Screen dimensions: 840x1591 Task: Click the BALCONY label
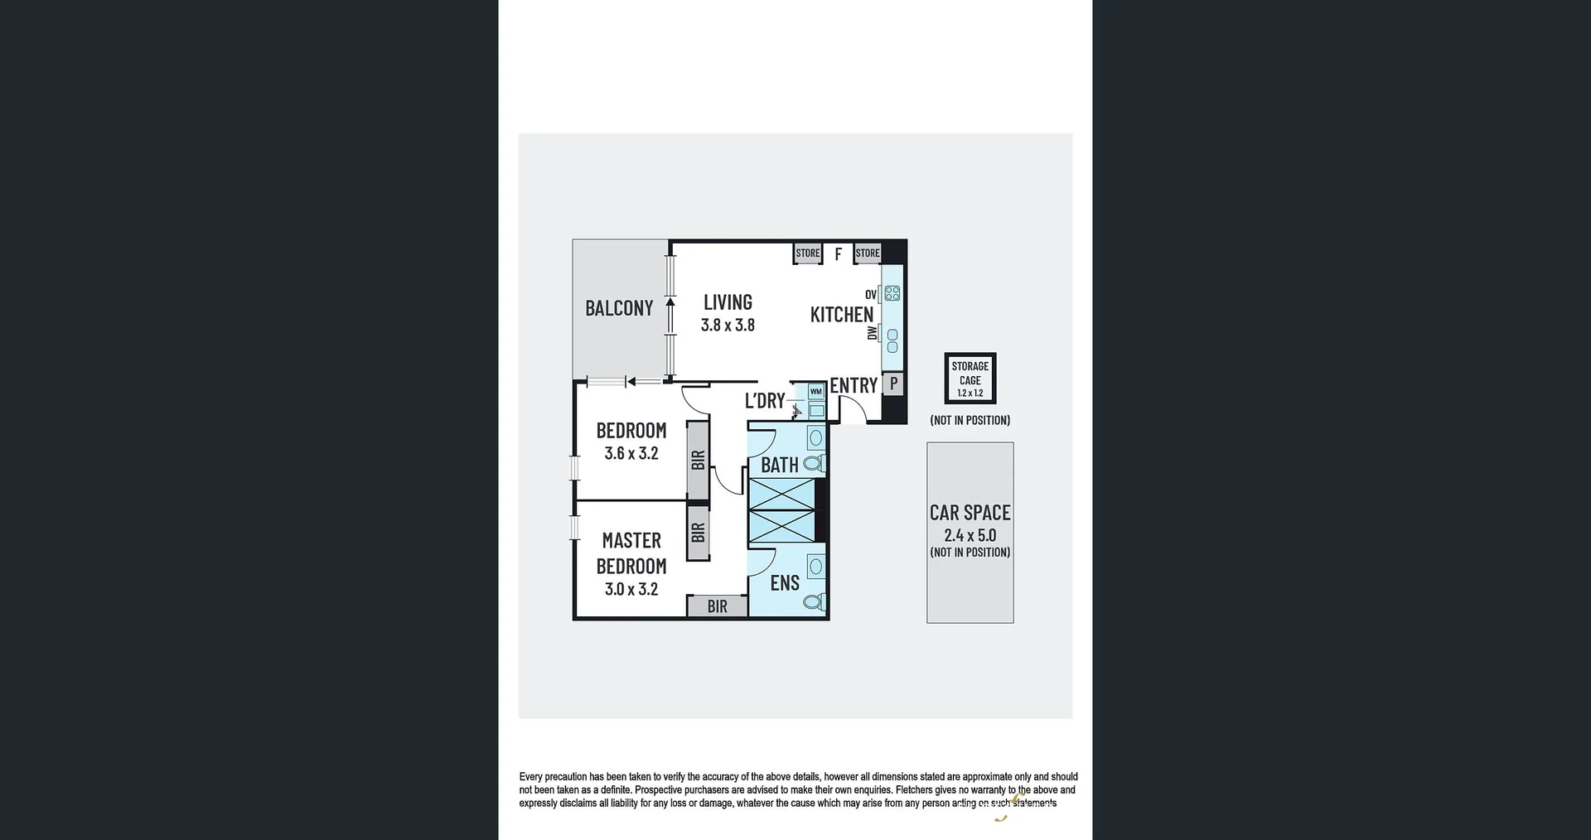619,308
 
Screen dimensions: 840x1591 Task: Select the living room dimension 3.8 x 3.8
728,326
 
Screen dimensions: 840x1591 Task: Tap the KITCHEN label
841,315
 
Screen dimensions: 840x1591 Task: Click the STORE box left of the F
807,253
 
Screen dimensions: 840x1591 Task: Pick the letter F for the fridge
838,254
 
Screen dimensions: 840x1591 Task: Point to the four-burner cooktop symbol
892,293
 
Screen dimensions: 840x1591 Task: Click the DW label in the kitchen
872,333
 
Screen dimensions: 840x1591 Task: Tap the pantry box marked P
893,384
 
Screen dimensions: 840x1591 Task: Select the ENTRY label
854,385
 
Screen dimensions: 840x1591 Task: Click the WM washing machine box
816,392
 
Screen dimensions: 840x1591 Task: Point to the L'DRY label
765,401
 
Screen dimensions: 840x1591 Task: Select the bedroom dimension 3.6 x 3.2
631,453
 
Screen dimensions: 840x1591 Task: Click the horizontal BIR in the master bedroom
717,606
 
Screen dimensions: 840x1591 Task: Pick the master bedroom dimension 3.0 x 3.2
631,589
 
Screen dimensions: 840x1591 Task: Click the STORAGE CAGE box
970,379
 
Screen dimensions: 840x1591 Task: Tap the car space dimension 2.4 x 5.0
970,535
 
